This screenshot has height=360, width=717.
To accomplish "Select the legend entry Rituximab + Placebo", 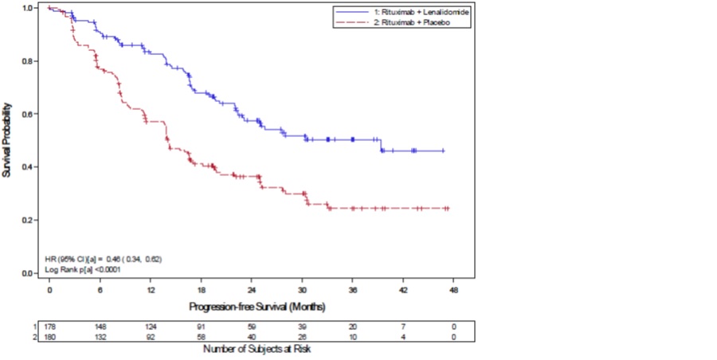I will (398, 23).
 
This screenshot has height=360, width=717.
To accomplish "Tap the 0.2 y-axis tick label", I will (27, 220).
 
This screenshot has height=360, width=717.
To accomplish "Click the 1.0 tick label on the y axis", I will (27, 8).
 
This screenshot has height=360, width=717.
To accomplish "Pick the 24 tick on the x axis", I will (252, 291).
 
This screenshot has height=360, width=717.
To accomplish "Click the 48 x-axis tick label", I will (454, 291).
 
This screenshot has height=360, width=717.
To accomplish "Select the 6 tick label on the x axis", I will (100, 291).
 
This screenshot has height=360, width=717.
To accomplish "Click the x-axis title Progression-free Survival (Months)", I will (257, 306).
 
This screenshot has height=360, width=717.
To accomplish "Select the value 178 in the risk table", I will (49, 327).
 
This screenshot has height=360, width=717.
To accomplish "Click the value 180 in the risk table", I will (49, 336).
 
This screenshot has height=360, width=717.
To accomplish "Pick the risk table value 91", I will (201, 327).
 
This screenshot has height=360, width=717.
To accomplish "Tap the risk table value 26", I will (302, 336).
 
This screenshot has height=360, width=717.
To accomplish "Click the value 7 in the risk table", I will (403, 327).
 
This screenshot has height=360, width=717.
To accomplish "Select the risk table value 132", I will (100, 336).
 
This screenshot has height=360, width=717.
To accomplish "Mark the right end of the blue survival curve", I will (443, 151).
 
